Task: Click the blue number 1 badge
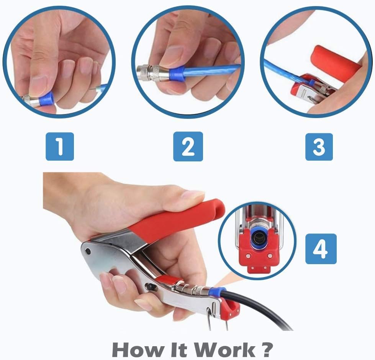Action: (x=59, y=146)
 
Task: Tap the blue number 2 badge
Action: (x=188, y=146)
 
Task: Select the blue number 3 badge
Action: (x=319, y=146)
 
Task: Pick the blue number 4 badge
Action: (x=321, y=248)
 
